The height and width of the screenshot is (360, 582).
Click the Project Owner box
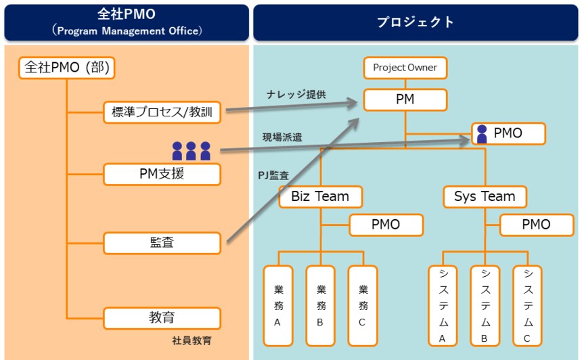[x=405, y=68]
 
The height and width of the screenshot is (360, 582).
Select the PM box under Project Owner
[x=405, y=100]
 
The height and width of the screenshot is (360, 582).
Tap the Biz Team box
[x=320, y=197]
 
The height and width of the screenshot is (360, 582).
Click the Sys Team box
[x=485, y=197]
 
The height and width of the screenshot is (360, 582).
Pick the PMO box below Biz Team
[x=386, y=225]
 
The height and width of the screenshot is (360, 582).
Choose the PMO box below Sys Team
[x=536, y=225]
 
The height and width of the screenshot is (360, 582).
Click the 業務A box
[x=277, y=305]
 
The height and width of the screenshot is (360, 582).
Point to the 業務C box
[x=362, y=305]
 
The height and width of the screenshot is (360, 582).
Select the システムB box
[x=485, y=305]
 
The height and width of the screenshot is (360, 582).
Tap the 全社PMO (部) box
[x=66, y=68]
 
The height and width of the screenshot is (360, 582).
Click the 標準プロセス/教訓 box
[x=162, y=112]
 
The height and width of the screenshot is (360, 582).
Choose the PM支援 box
[x=162, y=174]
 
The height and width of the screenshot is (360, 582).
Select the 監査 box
[x=162, y=242]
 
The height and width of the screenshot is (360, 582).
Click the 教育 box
[x=162, y=317]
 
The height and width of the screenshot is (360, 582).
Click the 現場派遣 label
[x=282, y=137]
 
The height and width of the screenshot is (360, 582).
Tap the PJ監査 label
[x=273, y=175]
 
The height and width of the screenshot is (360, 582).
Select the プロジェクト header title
[x=416, y=22]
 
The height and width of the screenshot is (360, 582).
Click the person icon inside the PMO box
[x=482, y=134]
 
